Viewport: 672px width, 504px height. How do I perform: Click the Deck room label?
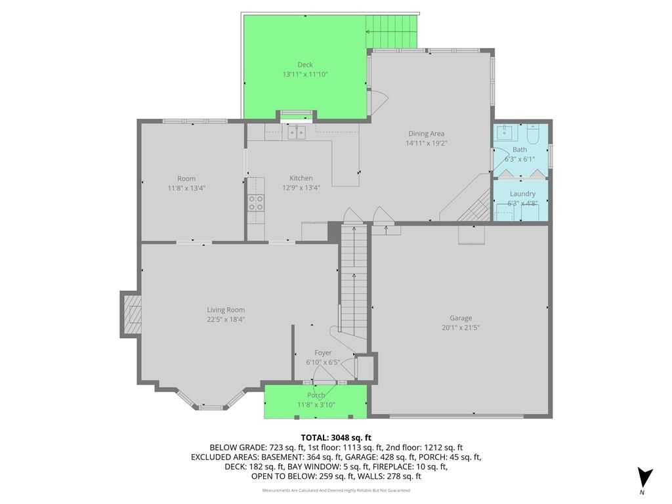[305, 65]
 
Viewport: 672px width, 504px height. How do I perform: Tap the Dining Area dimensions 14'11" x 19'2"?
[427, 143]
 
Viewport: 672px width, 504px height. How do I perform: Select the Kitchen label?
[301, 178]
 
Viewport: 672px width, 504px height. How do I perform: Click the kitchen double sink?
[297, 133]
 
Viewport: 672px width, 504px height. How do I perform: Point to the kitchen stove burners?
[256, 203]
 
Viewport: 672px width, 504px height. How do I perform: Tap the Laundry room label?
[522, 194]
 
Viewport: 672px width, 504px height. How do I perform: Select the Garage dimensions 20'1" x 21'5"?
[461, 327]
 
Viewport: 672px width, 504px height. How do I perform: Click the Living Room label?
[226, 310]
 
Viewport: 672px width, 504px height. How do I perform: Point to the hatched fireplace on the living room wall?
[132, 315]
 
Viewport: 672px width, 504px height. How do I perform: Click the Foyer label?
[323, 352]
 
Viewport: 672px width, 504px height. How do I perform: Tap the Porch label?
[316, 395]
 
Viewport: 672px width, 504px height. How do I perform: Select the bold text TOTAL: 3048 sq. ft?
[336, 438]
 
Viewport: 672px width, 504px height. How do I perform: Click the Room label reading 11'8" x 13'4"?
[186, 188]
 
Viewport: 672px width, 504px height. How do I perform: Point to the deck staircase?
[391, 32]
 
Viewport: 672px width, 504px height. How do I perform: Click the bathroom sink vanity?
[507, 133]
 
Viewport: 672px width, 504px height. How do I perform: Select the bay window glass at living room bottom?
[210, 408]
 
